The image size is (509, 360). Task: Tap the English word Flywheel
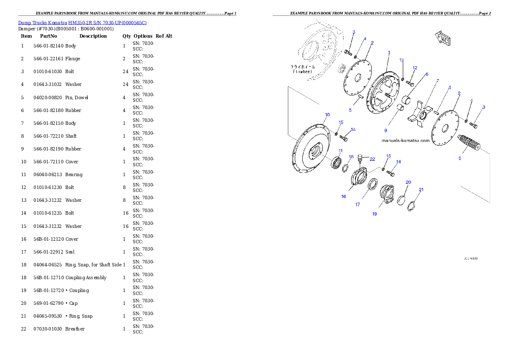click(x=303, y=72)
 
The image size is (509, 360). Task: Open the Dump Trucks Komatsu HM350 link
click(x=82, y=23)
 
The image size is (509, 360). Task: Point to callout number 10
click(x=327, y=115)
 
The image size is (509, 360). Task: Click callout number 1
click(x=389, y=52)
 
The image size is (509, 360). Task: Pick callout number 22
click(x=372, y=159)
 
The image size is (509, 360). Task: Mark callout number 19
click(x=374, y=214)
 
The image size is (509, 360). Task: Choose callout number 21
click(x=421, y=189)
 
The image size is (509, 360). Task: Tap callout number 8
click(x=460, y=158)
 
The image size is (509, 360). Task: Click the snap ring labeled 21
click(x=411, y=206)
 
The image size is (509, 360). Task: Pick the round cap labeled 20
click(x=402, y=200)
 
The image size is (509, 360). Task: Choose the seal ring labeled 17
click(x=373, y=185)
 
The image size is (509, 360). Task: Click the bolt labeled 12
click(x=411, y=84)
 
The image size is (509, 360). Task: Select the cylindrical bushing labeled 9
click(x=402, y=108)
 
